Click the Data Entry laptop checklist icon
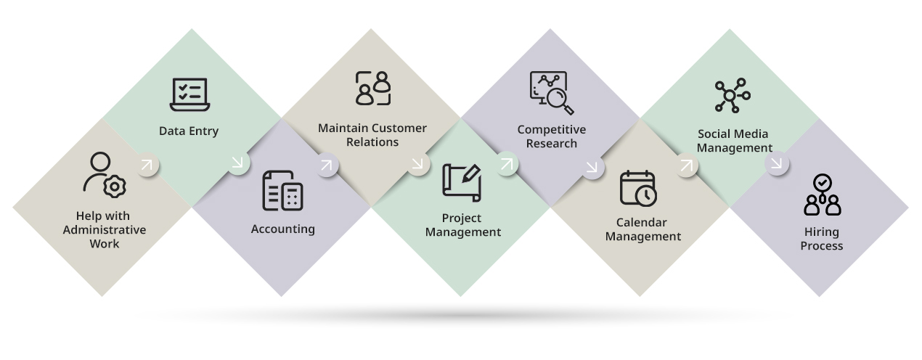pyautogui.click(x=189, y=94)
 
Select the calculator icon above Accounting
pyautogui.click(x=282, y=191)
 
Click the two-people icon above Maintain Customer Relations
pyautogui.click(x=373, y=89)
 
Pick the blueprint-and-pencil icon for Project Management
pyautogui.click(x=462, y=182)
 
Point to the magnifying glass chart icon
pyautogui.click(x=551, y=93)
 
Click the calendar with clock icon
pyautogui.click(x=638, y=188)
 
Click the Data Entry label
pyautogui.click(x=189, y=131)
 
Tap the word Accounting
pyautogui.click(x=282, y=229)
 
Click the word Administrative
pyautogui.click(x=105, y=230)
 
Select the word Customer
pyautogui.click(x=399, y=128)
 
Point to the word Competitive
pyautogui.click(x=551, y=130)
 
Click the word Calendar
pyautogui.click(x=641, y=222)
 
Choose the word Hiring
pyautogui.click(x=821, y=232)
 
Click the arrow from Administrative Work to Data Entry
pyautogui.click(x=147, y=165)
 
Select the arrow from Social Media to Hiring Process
pyautogui.click(x=777, y=164)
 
